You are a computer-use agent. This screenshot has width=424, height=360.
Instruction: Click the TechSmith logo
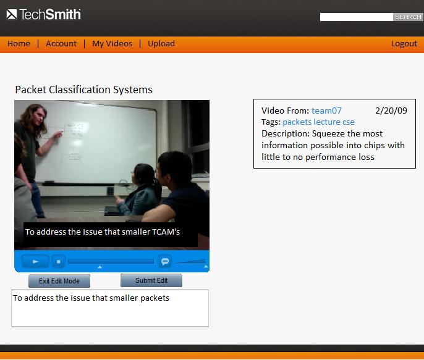click(x=43, y=14)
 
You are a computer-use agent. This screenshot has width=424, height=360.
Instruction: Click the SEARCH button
click(x=408, y=17)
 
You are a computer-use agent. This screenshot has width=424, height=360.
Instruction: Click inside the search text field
click(x=356, y=17)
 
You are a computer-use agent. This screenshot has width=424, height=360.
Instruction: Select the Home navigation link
click(x=19, y=43)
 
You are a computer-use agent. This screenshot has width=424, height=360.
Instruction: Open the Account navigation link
click(x=61, y=43)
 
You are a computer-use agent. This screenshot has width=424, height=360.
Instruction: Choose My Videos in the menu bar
click(x=112, y=44)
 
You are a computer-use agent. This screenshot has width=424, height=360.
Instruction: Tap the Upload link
click(x=161, y=44)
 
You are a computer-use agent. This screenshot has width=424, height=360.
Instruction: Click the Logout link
click(x=404, y=44)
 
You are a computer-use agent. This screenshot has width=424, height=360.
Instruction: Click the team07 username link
click(x=326, y=111)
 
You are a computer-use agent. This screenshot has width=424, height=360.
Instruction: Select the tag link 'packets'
click(x=297, y=122)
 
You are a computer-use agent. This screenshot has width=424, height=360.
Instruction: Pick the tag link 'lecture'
click(x=326, y=122)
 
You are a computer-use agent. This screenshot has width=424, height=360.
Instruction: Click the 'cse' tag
click(x=349, y=122)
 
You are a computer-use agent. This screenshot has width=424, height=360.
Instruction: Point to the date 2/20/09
click(x=391, y=111)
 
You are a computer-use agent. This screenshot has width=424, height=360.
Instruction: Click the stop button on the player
click(x=58, y=261)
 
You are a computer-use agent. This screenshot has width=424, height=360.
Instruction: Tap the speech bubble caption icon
click(x=164, y=261)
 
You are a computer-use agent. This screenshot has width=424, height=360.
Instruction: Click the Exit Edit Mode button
click(x=59, y=281)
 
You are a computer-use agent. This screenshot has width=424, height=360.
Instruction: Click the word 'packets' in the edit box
click(x=155, y=298)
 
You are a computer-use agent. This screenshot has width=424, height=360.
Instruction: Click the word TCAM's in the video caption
click(x=166, y=232)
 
